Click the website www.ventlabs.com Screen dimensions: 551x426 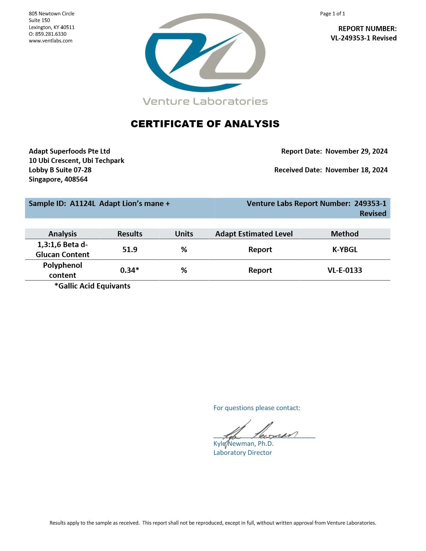(50, 41)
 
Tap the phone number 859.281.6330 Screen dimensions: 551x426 (51, 34)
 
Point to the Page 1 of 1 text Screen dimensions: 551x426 (332, 14)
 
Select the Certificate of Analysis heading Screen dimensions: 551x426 (205, 124)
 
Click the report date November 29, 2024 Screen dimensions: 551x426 (356, 151)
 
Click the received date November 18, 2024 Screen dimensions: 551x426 (356, 170)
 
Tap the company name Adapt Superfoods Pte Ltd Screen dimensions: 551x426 (69, 151)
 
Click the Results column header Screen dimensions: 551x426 (130, 234)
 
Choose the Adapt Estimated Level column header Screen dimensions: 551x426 (254, 234)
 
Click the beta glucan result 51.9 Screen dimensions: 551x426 (130, 250)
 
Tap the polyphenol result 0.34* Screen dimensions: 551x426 (130, 270)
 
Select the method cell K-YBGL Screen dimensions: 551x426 (344, 250)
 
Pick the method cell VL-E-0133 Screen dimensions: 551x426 (344, 270)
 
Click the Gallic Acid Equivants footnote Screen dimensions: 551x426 (92, 286)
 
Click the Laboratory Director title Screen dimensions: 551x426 (243, 453)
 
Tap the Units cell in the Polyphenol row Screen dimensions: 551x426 (184, 270)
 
